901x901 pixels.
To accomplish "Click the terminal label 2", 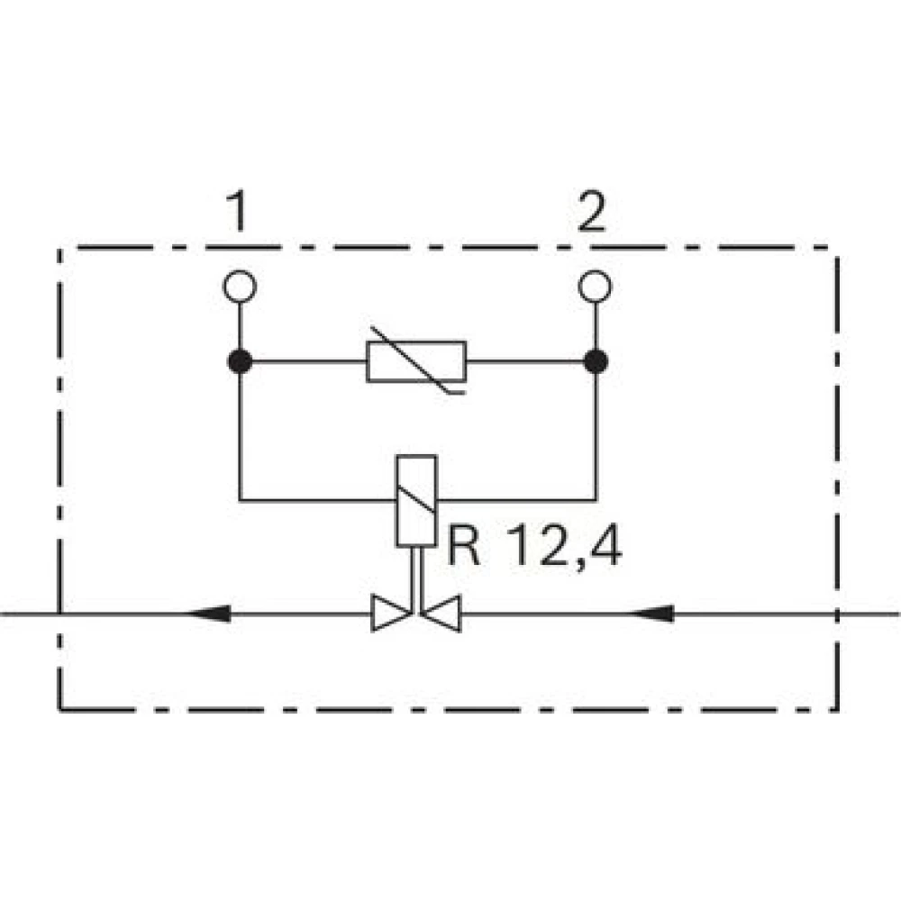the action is coord(592,211).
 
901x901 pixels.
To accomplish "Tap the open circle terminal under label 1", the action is coord(240,287).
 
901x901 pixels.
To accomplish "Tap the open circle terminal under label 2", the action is coord(596,287).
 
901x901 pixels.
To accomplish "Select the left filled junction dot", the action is coord(240,362).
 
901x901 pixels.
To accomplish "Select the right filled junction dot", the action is coord(596,362).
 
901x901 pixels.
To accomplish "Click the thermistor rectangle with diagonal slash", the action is coord(416,362).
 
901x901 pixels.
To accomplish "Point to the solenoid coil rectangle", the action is coord(416,501).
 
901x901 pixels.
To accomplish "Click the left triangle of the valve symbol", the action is coord(391,614).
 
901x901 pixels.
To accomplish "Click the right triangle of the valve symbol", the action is coord(441,614).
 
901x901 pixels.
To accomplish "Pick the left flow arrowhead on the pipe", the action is coord(209,614).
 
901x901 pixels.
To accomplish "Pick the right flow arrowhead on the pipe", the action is coord(651,614).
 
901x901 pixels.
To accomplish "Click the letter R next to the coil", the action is coord(463,546).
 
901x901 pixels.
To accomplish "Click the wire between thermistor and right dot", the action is coord(524,362).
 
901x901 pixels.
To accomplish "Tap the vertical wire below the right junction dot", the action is coord(596,437).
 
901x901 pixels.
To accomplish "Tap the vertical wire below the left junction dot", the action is coord(240,437).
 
